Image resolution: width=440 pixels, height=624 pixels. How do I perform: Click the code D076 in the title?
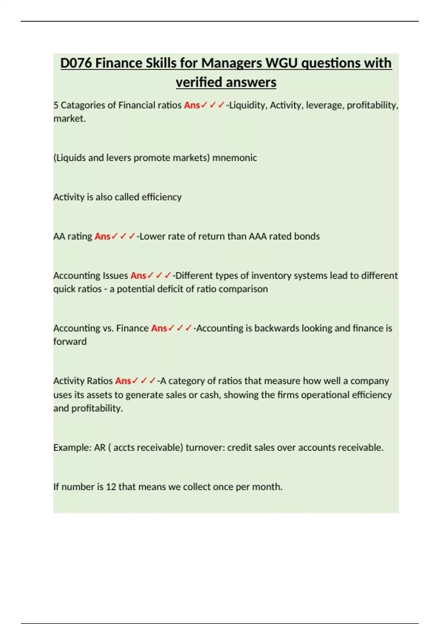(x=76, y=63)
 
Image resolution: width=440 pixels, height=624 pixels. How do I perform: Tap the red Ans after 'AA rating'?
(x=102, y=236)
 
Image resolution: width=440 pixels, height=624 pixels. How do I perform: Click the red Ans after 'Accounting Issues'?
(x=138, y=276)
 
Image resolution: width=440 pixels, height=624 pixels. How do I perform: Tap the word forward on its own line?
(x=70, y=342)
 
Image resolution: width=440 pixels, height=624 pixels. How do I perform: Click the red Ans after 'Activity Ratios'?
(x=123, y=381)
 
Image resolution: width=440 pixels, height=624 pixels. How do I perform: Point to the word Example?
(x=72, y=448)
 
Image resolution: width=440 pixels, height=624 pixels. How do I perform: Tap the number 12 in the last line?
(x=111, y=487)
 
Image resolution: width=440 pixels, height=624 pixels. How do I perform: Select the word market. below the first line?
(x=69, y=119)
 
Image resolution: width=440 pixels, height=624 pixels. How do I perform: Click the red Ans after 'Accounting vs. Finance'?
(x=159, y=328)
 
